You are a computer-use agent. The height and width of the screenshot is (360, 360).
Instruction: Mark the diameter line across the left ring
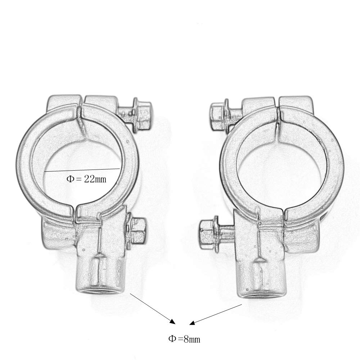click(x=82, y=170)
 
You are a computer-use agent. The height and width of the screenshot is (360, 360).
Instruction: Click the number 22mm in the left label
click(x=95, y=179)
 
